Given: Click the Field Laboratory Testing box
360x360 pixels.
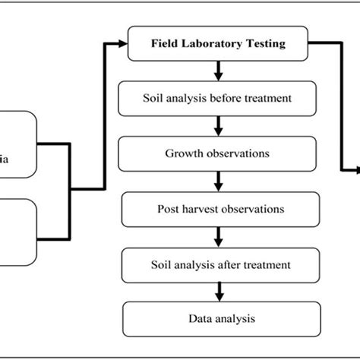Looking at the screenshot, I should click(x=218, y=44).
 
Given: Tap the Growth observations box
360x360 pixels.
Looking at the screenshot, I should click(x=218, y=154).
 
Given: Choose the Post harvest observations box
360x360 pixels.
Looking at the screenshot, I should click(x=218, y=208).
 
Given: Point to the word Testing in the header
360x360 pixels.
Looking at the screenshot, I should click(x=266, y=44).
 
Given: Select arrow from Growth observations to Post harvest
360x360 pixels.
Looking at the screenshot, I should click(x=219, y=182).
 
